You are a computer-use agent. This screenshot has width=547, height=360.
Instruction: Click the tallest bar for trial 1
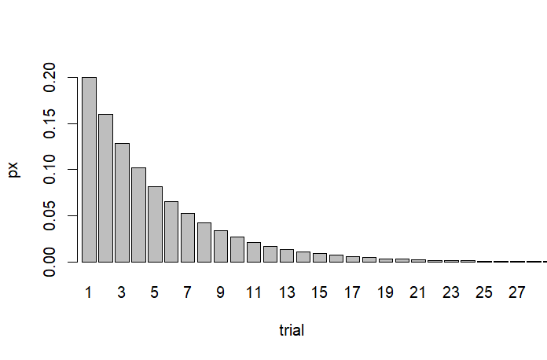pos(89,170)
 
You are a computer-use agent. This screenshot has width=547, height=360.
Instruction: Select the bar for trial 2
pos(105,188)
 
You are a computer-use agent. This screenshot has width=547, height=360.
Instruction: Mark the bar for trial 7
pos(188,237)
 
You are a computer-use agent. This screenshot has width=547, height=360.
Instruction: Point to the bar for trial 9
pos(221,246)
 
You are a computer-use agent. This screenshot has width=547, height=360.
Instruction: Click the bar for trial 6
pos(171,232)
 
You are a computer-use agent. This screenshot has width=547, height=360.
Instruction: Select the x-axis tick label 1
pos(89,292)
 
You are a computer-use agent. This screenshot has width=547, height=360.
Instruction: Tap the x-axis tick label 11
pos(253,292)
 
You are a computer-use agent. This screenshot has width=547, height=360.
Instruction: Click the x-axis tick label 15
pos(319,292)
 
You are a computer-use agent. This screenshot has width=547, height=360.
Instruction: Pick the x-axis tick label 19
pos(385,292)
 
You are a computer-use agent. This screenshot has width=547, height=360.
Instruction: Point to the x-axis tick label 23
pos(450,292)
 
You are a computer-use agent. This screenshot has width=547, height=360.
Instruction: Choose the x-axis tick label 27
pos(516,292)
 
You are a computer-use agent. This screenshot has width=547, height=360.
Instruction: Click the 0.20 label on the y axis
pos(50,78)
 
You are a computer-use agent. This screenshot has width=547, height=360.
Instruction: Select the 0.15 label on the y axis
pos(50,123)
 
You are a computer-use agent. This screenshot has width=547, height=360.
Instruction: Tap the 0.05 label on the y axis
pos(50,215)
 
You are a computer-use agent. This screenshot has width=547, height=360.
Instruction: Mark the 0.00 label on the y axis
pos(50,261)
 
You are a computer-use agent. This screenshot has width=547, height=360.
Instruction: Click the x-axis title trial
pos(292,331)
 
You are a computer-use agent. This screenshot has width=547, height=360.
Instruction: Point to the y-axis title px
pos(14,170)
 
